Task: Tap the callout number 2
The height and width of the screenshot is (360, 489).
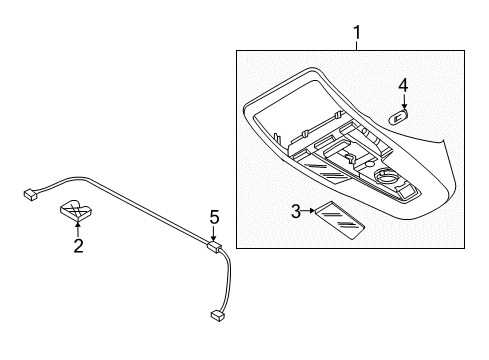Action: pyautogui.click(x=77, y=244)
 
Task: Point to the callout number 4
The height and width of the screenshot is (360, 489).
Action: pyautogui.click(x=404, y=86)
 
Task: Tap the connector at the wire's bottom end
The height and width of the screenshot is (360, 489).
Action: pyautogui.click(x=217, y=344)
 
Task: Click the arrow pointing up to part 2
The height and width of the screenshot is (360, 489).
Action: pyautogui.click(x=77, y=226)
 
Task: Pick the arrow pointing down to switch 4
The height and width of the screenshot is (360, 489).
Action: pyautogui.click(x=404, y=103)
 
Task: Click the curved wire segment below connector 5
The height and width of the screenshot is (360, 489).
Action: pyautogui.click(x=229, y=300)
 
